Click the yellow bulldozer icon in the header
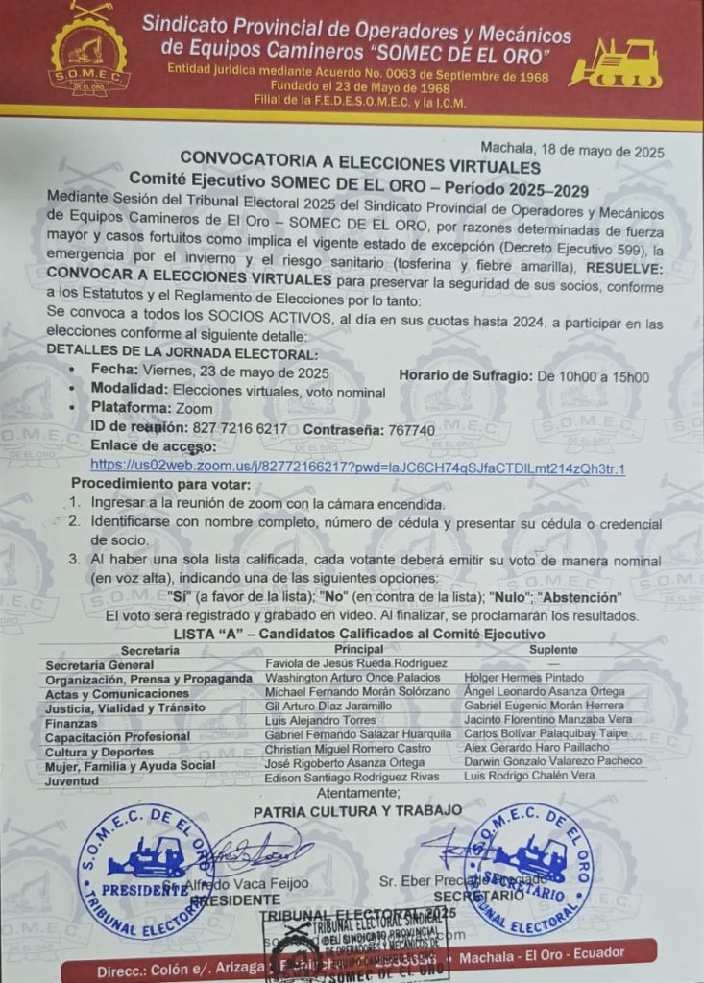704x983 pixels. click(616, 64)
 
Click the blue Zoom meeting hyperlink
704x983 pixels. click(357, 468)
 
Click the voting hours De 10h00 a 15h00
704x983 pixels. click(593, 376)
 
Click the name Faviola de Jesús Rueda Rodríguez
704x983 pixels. click(356, 663)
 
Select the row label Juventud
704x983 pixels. click(72, 780)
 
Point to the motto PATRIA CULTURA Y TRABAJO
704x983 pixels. click(357, 810)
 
